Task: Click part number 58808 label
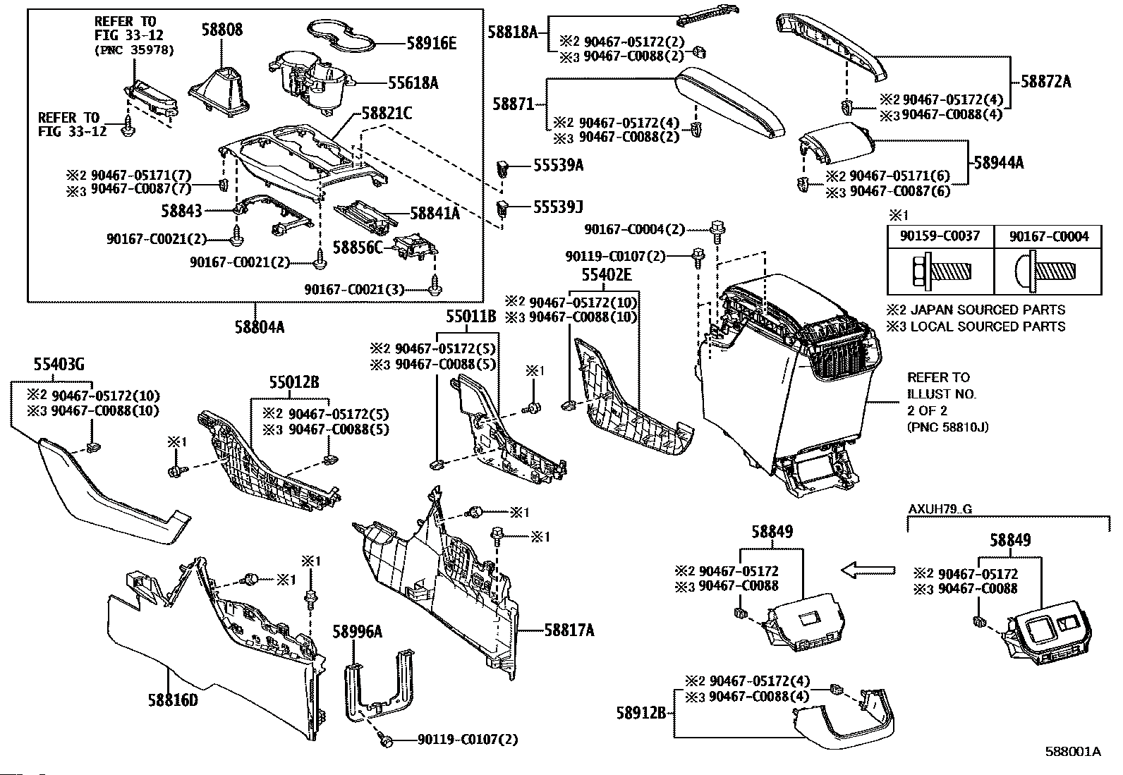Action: pyautogui.click(x=222, y=30)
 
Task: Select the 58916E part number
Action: pyautogui.click(x=432, y=44)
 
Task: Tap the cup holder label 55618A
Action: pyautogui.click(x=413, y=83)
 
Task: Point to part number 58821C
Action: pyautogui.click(x=387, y=114)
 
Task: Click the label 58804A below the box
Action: pyautogui.click(x=260, y=327)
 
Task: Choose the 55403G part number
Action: pyautogui.click(x=59, y=364)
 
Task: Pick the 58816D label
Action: pyautogui.click(x=173, y=700)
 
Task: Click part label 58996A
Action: pyautogui.click(x=358, y=632)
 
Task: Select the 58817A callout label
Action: pyautogui.click(x=569, y=630)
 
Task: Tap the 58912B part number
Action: pyautogui.click(x=641, y=712)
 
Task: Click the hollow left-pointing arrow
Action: pyautogui.click(x=868, y=570)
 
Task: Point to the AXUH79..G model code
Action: pyautogui.click(x=940, y=509)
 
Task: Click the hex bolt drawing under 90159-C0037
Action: pyautogui.click(x=941, y=271)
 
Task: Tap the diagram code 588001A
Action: pyautogui.click(x=1073, y=752)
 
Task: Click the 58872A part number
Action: pyautogui.click(x=1046, y=81)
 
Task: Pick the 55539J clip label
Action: pyautogui.click(x=558, y=207)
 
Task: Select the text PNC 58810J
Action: pyautogui.click(x=947, y=427)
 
